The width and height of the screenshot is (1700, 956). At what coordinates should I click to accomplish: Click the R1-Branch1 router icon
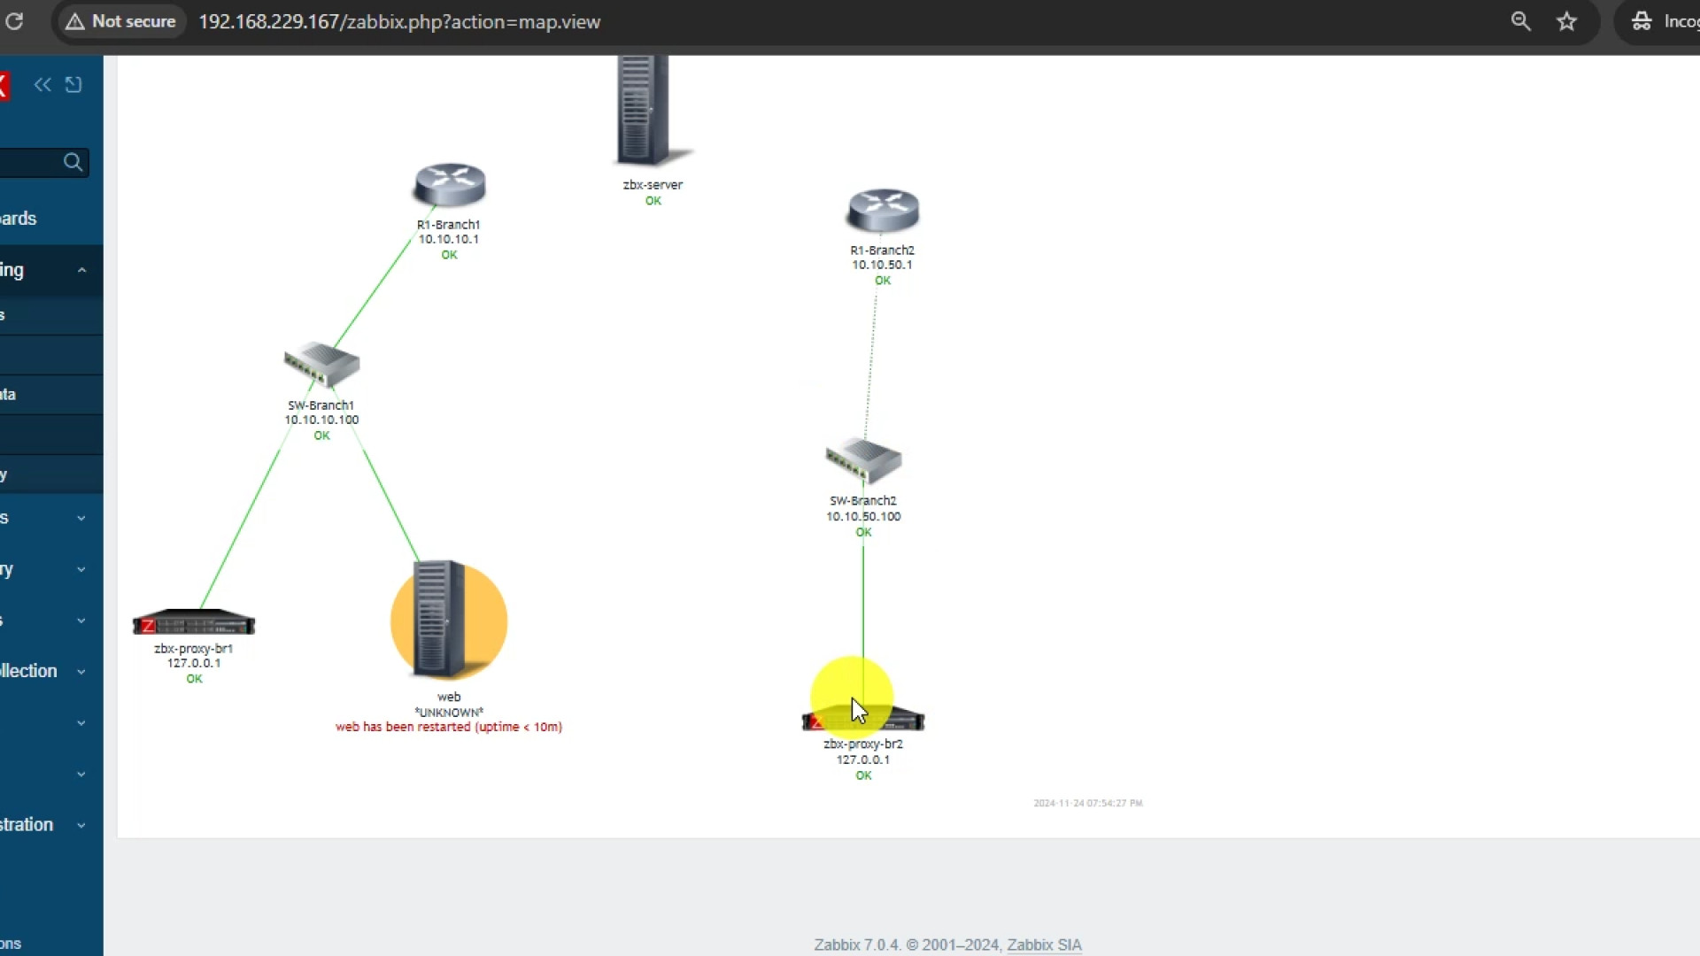click(450, 185)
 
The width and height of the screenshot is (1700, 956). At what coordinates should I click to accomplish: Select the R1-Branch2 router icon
click(883, 211)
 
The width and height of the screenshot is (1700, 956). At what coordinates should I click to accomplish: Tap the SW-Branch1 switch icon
click(321, 364)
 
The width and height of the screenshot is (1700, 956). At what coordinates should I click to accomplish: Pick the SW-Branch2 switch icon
click(863, 459)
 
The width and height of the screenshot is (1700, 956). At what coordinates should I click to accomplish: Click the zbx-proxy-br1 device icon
click(194, 623)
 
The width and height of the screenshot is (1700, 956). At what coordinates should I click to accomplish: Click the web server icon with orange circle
click(448, 621)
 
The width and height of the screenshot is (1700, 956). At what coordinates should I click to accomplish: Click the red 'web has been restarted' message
click(448, 727)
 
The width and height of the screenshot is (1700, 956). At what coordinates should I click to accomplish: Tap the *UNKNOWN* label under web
click(449, 712)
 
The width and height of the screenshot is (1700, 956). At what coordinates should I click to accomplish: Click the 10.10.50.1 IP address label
click(882, 265)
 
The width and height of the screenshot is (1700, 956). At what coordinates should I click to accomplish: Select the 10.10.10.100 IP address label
click(321, 420)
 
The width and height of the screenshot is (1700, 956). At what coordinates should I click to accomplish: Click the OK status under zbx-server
click(653, 201)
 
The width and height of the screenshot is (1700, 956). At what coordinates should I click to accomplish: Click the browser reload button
click(14, 21)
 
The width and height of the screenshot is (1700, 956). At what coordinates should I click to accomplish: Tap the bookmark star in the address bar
click(1567, 21)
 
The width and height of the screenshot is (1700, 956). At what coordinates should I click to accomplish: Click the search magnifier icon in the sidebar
click(73, 162)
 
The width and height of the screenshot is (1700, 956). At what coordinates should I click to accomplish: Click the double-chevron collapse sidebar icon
click(42, 84)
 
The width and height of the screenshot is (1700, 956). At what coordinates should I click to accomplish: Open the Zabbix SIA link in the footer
click(1044, 944)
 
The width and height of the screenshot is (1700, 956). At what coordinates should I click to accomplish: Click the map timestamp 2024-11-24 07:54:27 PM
click(1087, 803)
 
